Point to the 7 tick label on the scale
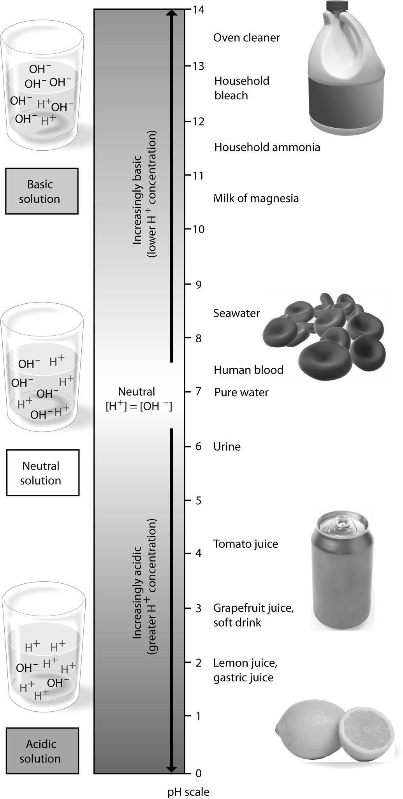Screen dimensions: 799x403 (x=198, y=391)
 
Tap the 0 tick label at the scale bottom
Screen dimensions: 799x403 (x=198, y=773)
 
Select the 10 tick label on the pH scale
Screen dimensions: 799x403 (x=198, y=229)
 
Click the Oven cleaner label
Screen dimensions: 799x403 (x=246, y=38)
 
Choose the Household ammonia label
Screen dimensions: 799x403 (x=267, y=147)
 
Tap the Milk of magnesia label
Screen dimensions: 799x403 (x=256, y=198)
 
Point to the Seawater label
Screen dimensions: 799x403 (x=236, y=313)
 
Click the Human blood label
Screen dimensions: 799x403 (x=248, y=370)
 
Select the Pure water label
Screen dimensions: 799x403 (x=241, y=392)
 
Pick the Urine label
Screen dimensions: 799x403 (x=227, y=447)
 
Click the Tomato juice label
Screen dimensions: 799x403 (x=245, y=544)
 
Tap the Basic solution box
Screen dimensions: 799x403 (x=42, y=191)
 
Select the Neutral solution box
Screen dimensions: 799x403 (x=42, y=473)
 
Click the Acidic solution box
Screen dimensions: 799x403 (x=42, y=751)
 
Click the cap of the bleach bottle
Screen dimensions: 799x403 (x=337, y=5)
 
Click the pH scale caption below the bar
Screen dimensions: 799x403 (x=188, y=792)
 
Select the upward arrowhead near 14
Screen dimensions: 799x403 (x=172, y=13)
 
